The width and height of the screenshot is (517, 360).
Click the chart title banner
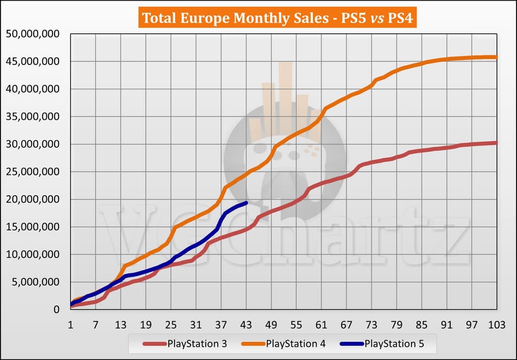[x=279, y=18]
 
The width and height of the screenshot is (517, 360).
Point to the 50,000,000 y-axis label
[x=33, y=34]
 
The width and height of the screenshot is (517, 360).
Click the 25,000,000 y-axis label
[x=33, y=172]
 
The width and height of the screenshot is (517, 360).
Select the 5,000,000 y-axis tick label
[x=36, y=282]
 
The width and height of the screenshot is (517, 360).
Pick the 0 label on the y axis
[x=57, y=310]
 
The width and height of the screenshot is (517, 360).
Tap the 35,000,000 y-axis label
[x=33, y=117]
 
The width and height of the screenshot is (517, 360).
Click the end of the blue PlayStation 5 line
[x=246, y=203]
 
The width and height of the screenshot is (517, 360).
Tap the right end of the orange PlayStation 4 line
[x=497, y=57]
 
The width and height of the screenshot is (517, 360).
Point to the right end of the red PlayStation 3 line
[x=497, y=143]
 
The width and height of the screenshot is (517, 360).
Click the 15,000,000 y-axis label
[x=33, y=227]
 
